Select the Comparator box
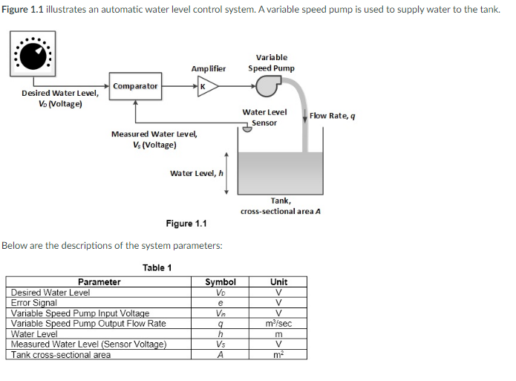pos(134,86)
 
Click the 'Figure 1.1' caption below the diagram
pos(186,224)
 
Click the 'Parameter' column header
pos(99,282)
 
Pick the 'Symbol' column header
pos(220,282)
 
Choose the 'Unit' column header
pos(279,282)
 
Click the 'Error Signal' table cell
pos(34,303)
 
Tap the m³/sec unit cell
pos(279,324)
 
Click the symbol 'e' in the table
pos(220,303)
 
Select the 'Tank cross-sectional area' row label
pos(61,355)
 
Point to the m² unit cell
pos(279,355)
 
